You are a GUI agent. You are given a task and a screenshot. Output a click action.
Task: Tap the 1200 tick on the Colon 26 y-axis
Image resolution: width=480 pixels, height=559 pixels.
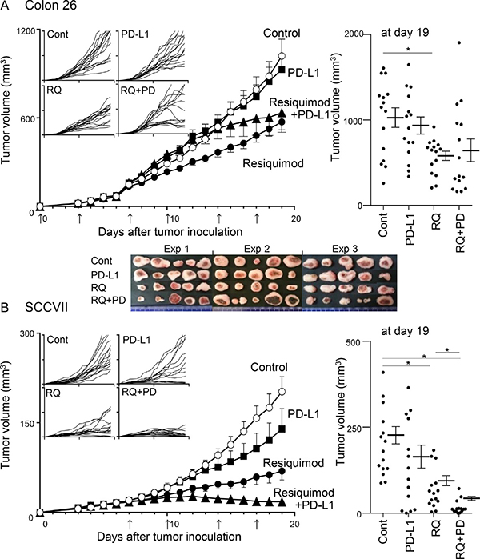coord(22,30)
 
